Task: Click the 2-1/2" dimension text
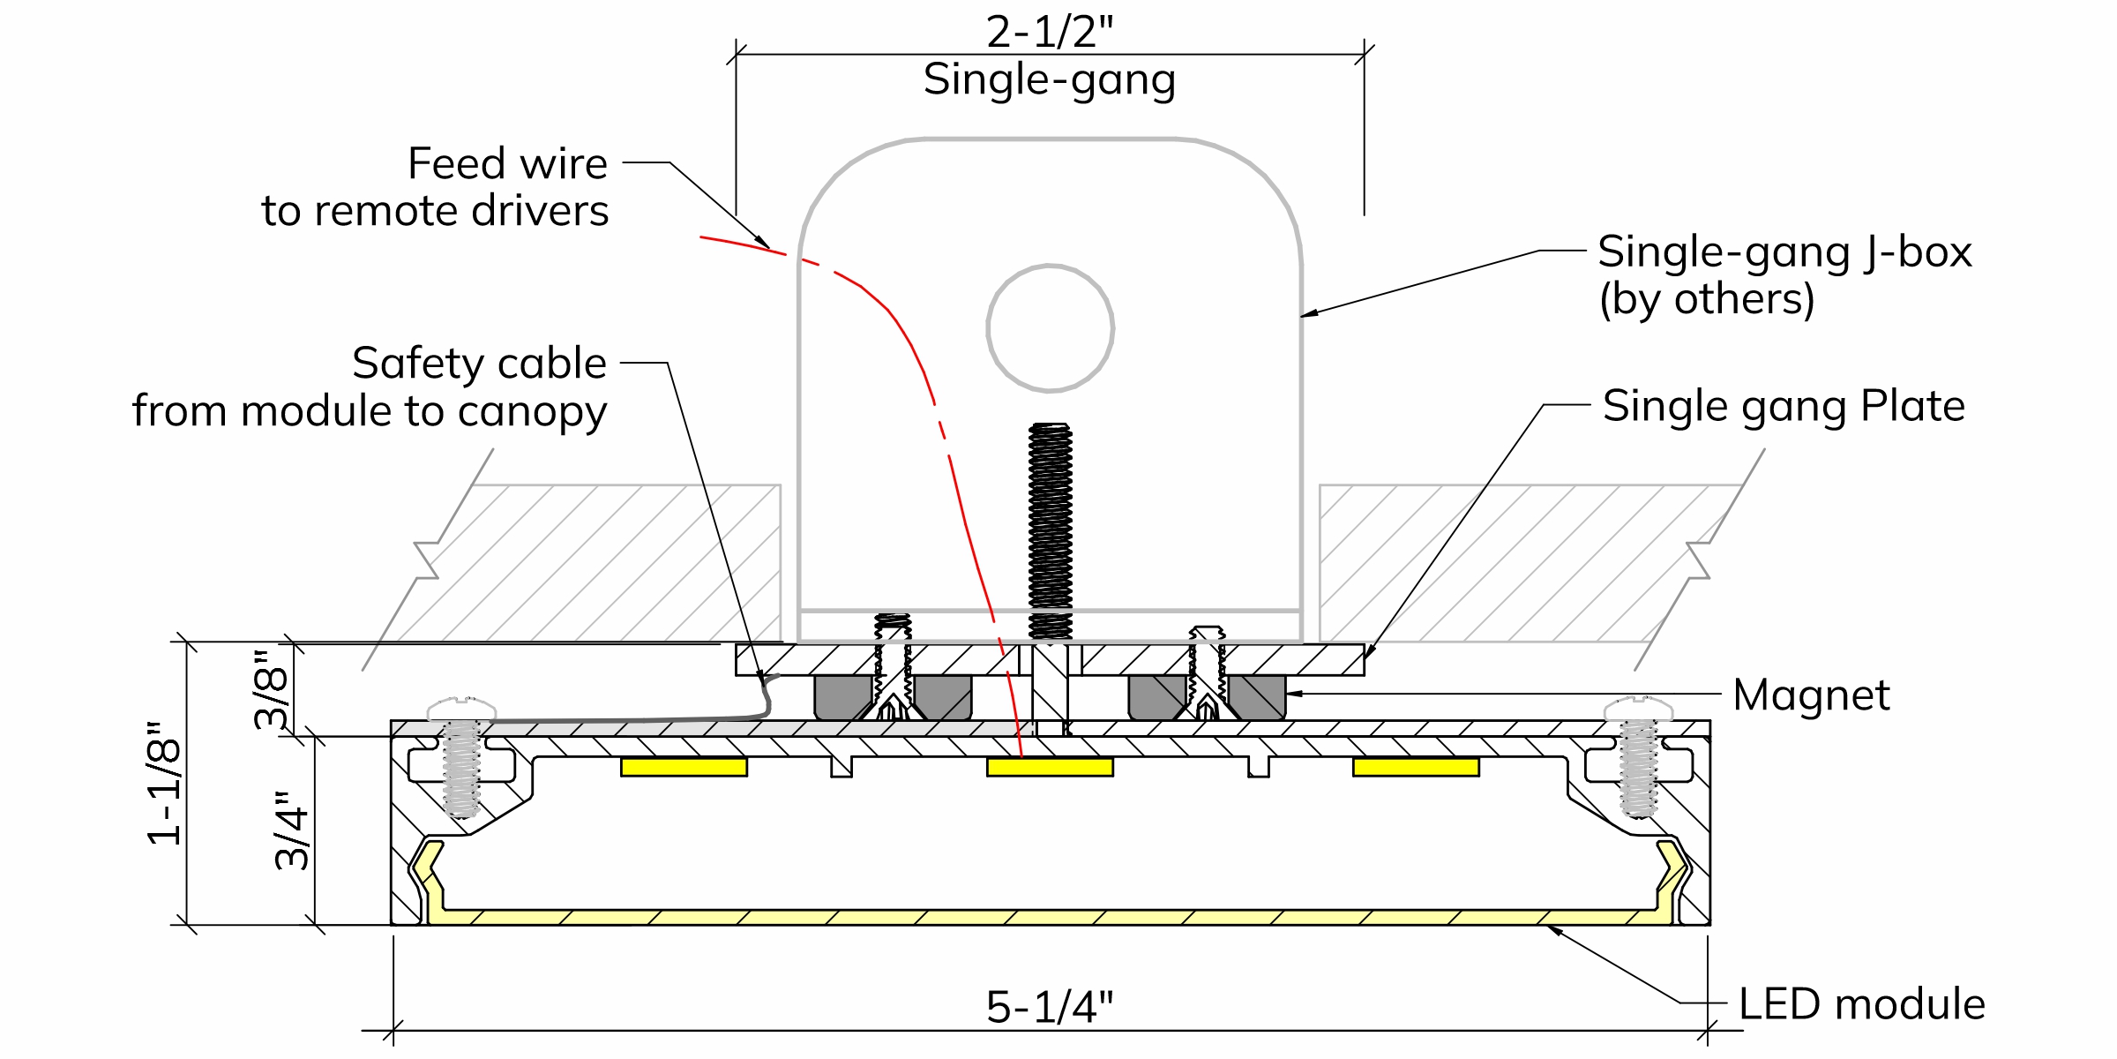[x=1050, y=32]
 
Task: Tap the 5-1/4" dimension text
[x=1050, y=1007]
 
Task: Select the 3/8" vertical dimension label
[x=272, y=689]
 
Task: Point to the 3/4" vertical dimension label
[x=293, y=830]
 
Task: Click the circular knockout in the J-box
[x=1050, y=327]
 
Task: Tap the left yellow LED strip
[x=684, y=767]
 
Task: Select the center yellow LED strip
[x=1050, y=767]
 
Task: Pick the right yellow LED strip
[x=1416, y=767]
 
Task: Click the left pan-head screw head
[x=461, y=709]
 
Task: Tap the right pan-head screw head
[x=1638, y=709]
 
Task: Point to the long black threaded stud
[x=1050, y=531]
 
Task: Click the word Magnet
[x=1811, y=695]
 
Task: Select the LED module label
[x=1862, y=1004]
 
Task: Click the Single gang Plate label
[x=1784, y=408]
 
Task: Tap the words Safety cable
[x=480, y=363]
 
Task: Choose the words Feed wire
[x=508, y=163]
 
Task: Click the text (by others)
[x=1707, y=299]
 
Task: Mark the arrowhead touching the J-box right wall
[x=1309, y=312]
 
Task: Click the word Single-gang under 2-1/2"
[x=1050, y=81]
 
